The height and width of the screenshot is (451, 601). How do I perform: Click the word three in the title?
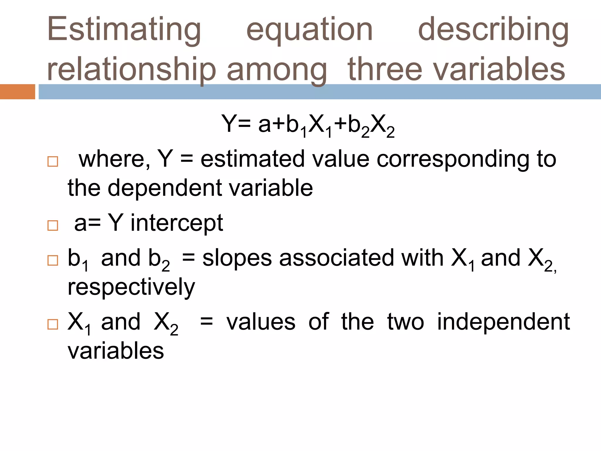(384, 69)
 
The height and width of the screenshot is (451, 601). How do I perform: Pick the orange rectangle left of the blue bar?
(17, 92)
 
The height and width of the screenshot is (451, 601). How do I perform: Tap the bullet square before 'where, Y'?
(53, 161)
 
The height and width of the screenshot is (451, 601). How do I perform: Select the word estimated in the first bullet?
(252, 159)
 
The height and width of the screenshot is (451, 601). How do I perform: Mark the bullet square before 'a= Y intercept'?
(53, 225)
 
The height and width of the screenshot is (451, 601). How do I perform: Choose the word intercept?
(177, 223)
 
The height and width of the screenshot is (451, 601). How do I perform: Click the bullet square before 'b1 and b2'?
(53, 260)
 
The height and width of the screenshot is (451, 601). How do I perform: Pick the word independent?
(503, 322)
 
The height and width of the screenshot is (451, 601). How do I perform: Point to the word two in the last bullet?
(406, 322)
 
